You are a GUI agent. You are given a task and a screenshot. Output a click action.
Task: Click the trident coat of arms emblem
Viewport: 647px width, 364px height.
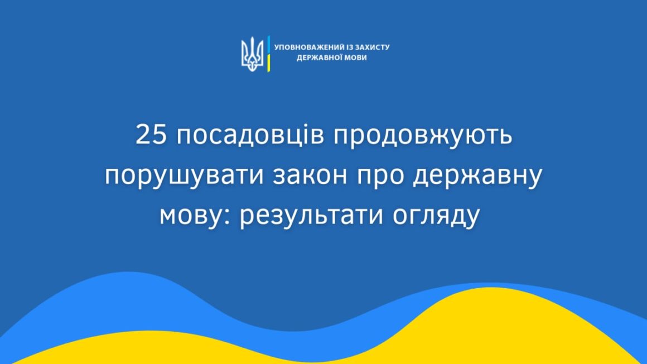252,54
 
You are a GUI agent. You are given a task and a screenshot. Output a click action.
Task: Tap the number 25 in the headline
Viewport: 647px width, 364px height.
151,135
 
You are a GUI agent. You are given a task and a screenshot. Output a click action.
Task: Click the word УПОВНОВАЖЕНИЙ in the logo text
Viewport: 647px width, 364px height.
308,47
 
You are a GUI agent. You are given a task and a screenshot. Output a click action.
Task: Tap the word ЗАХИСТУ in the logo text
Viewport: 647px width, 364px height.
372,47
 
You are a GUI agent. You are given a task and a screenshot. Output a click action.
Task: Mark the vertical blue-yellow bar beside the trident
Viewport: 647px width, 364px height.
268,54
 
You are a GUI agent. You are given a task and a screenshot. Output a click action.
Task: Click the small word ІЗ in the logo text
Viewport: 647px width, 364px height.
348,47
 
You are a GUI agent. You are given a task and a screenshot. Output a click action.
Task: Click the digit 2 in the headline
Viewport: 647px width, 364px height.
143,135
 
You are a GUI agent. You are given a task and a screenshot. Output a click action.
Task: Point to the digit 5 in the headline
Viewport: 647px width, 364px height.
160,135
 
